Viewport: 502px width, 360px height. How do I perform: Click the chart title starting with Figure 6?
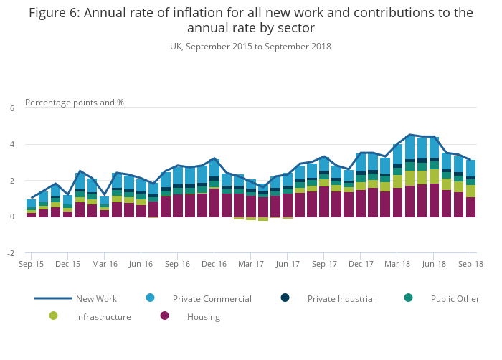tap(250, 20)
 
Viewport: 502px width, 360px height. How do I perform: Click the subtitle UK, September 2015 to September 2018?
tap(250, 47)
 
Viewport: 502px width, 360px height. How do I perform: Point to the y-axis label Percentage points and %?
tap(75, 103)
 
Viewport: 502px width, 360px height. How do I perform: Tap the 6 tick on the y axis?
tap(11, 108)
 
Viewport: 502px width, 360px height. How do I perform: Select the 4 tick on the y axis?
tap(11, 145)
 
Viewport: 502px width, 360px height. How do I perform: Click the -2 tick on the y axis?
tap(11, 253)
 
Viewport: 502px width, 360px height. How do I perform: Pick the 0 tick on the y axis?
tap(11, 217)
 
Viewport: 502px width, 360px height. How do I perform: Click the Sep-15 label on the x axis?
tap(31, 264)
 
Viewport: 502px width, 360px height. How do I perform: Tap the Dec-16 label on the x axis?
tap(214, 264)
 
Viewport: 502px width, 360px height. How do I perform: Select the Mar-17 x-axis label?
tap(250, 264)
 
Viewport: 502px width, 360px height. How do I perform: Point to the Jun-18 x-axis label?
tap(434, 264)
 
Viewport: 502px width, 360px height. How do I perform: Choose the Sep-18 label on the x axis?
tap(470, 264)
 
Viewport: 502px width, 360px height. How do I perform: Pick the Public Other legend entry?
tap(455, 298)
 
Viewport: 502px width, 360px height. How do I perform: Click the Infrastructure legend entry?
tap(103, 316)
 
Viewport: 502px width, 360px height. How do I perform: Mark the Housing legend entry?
tap(204, 316)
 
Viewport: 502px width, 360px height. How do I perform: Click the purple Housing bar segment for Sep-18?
tap(470, 207)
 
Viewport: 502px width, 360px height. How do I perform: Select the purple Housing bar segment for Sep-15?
tap(31, 214)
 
